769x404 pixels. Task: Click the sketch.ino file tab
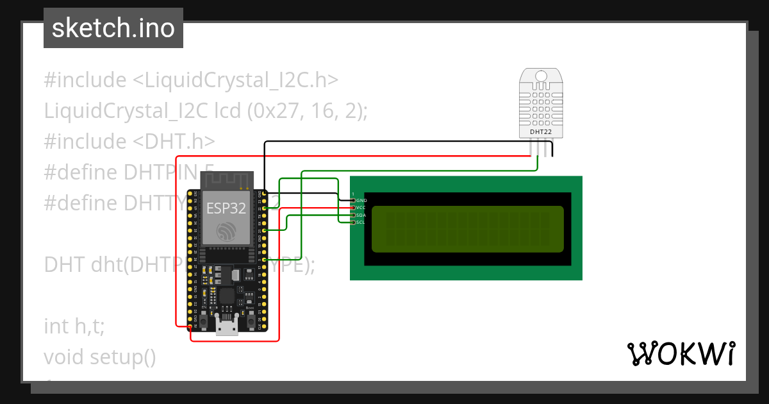tap(113, 28)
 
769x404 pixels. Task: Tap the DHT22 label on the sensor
tap(541, 131)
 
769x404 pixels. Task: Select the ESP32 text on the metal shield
tap(225, 208)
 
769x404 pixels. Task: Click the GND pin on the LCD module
tap(352, 201)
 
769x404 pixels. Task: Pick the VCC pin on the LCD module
tap(352, 208)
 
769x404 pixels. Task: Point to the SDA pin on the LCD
tap(352, 215)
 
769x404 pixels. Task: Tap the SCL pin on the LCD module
tap(352, 222)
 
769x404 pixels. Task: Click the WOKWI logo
tap(681, 353)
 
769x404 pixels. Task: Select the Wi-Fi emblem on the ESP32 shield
tap(226, 231)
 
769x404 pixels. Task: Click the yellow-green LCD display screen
tap(467, 229)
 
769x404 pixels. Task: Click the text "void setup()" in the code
tap(100, 357)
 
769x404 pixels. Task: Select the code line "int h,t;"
tap(74, 326)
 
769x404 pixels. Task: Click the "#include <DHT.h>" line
tap(129, 141)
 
